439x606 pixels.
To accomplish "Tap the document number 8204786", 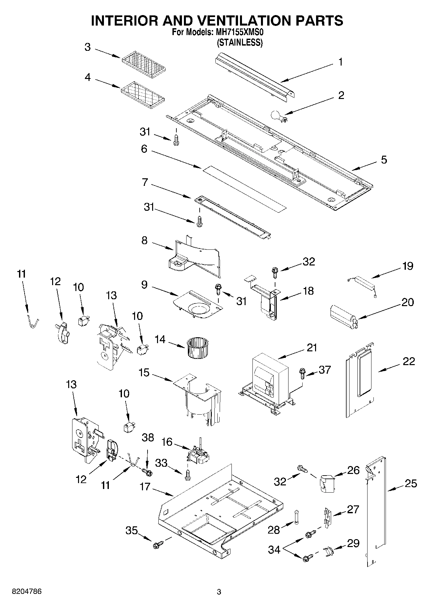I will click(x=27, y=592).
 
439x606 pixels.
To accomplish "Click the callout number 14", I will click(x=160, y=339).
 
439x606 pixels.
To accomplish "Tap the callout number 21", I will click(x=312, y=347).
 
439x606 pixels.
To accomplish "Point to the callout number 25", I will click(x=410, y=483).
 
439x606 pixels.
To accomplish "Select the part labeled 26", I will click(x=326, y=483).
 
